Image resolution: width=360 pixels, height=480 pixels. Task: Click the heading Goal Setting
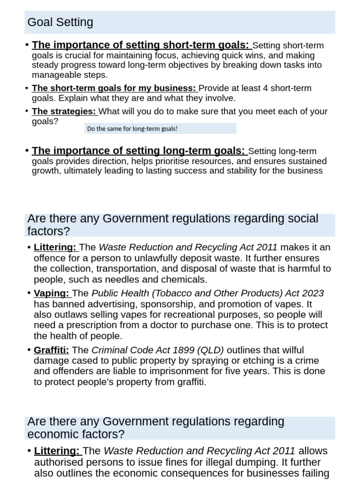tap(60, 22)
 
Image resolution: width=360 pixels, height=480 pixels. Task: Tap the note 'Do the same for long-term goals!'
tap(132, 128)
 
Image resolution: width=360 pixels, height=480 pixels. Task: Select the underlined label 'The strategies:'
tap(64, 112)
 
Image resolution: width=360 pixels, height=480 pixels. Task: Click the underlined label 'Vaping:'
tap(52, 293)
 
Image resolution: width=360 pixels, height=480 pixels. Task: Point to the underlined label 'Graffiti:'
tap(51, 350)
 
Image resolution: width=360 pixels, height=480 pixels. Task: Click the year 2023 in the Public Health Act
tap(311, 293)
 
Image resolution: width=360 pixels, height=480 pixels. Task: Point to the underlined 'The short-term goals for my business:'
tap(114, 88)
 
